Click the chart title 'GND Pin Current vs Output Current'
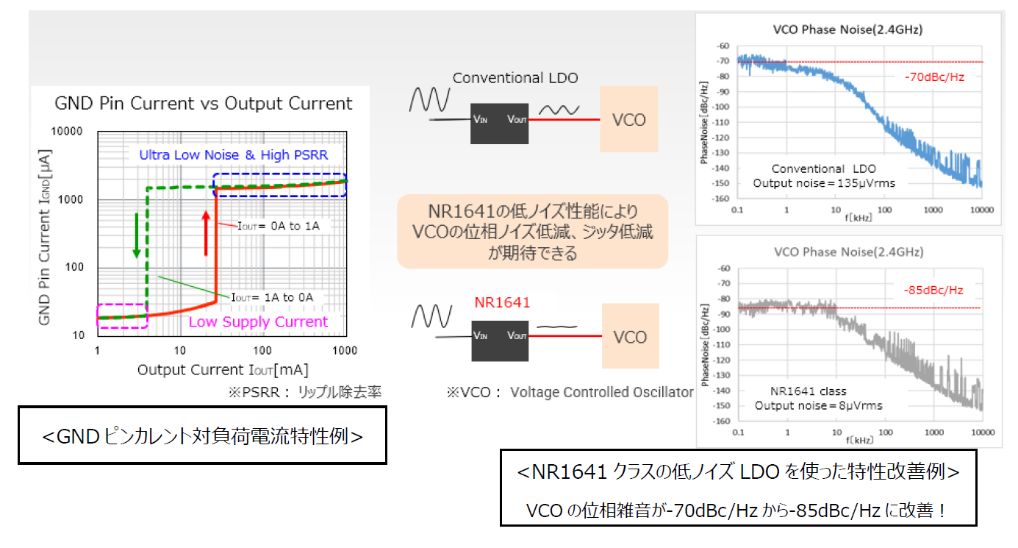(204, 104)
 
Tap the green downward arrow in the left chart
(136, 235)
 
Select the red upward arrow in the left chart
(207, 232)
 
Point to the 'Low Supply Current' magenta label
(258, 322)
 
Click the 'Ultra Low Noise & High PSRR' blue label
(234, 154)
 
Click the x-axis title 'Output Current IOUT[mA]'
(223, 369)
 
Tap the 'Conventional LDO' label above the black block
(515, 78)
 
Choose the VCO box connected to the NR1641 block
(629, 337)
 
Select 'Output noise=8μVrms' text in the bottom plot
(818, 405)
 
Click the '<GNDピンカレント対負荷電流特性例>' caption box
(202, 436)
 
